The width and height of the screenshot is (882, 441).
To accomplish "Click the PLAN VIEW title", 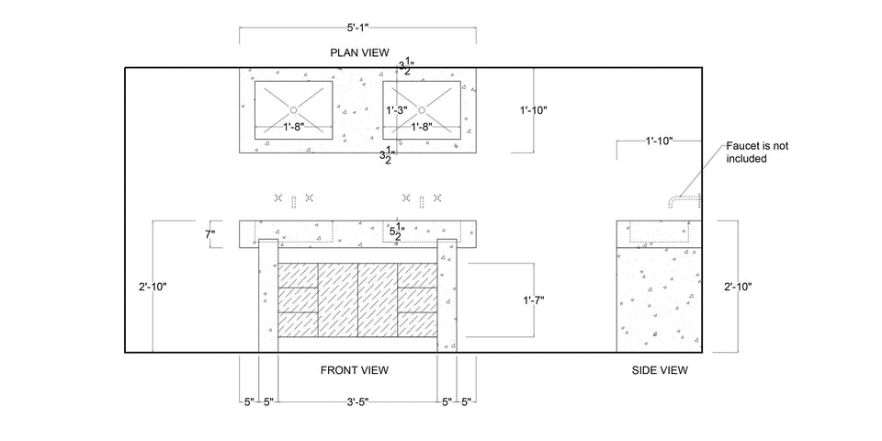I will [x=360, y=51].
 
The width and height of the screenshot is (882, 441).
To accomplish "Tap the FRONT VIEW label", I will [x=354, y=370].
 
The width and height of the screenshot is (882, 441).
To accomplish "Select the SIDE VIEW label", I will [x=661, y=370].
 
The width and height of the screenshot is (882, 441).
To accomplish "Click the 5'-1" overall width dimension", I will [x=358, y=28].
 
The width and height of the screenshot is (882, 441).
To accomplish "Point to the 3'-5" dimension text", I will [x=358, y=402].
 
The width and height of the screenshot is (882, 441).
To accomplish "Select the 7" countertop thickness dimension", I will [x=209, y=234].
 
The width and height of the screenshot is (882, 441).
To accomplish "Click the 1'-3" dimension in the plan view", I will [x=398, y=109].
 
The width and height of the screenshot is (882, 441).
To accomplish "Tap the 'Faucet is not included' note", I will [x=757, y=153].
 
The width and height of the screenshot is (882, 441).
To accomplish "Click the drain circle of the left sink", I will [x=292, y=109].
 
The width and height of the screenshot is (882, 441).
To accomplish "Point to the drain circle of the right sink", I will [x=422, y=109].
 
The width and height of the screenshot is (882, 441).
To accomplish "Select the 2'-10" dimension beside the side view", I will [x=737, y=287].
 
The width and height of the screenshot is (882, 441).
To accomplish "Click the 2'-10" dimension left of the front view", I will [x=152, y=287].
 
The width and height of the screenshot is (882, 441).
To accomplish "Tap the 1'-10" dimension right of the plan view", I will [x=533, y=110].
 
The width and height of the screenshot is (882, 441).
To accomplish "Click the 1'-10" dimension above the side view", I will [x=658, y=141].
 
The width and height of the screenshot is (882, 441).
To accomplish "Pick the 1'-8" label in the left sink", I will [x=293, y=127].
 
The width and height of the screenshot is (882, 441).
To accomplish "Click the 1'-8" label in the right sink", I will [x=422, y=127].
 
